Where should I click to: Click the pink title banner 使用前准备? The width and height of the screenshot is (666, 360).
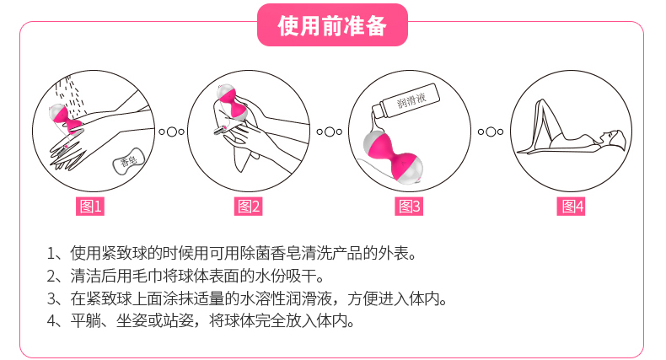point(332,25)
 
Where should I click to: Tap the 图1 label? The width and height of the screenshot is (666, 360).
point(90,207)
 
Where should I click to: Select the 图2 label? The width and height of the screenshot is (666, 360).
point(249,207)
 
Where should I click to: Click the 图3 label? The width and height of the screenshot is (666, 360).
point(409,207)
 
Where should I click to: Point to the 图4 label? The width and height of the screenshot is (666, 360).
point(572,207)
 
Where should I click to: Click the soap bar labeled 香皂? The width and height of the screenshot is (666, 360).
point(129,161)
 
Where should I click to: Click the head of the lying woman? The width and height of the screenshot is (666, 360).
point(614,139)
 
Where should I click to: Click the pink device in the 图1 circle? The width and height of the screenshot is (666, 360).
point(64,119)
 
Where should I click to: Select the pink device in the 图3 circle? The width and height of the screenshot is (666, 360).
point(394,155)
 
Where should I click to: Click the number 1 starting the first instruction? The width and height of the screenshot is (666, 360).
point(51,254)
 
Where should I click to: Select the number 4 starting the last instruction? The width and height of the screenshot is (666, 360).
point(51,320)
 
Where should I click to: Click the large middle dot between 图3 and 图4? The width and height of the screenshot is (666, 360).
point(491,132)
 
